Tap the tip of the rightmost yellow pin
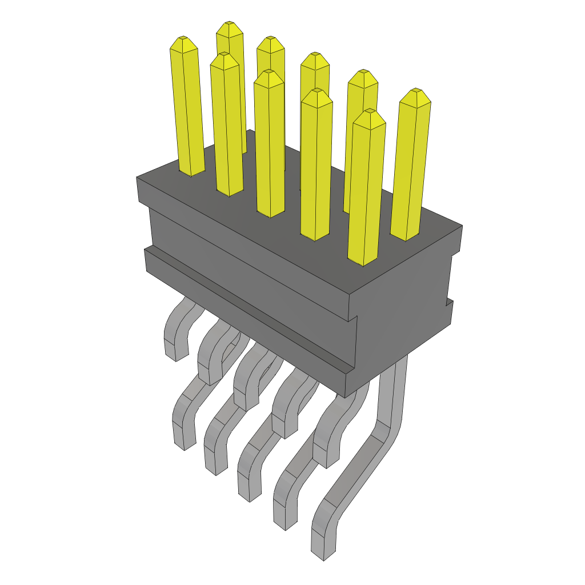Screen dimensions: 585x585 415,92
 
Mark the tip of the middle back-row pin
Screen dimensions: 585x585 314,56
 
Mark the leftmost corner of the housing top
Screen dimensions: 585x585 137,178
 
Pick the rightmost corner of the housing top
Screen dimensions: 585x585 462,226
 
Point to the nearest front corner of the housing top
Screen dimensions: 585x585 350,295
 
